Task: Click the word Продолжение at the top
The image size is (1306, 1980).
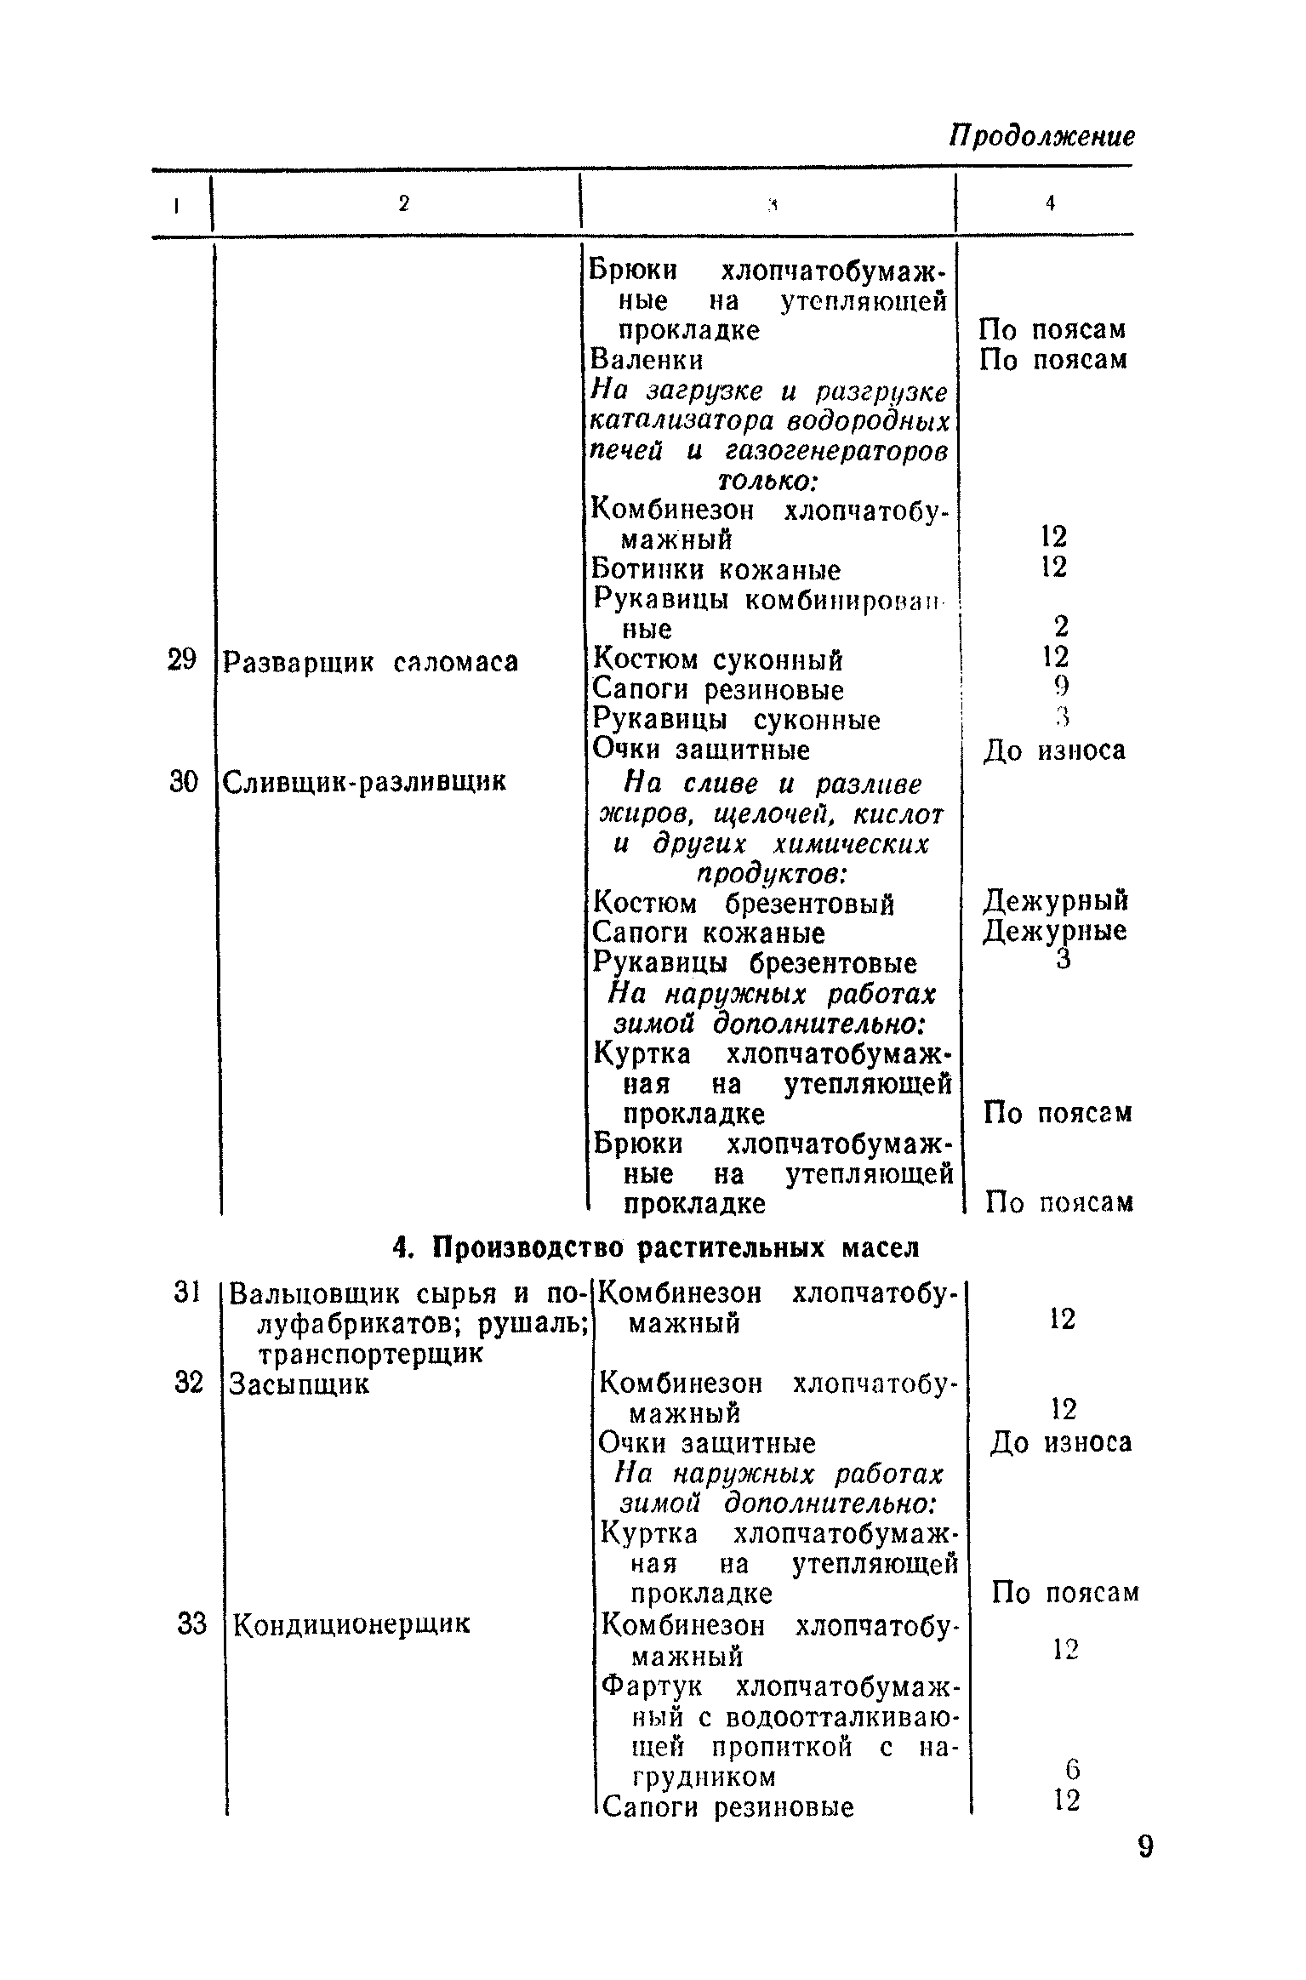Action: coord(1041,136)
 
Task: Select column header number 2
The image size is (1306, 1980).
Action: coord(404,203)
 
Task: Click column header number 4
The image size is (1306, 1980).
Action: coord(1051,203)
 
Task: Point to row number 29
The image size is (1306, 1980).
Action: coord(181,659)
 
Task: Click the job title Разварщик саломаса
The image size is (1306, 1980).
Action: coord(370,661)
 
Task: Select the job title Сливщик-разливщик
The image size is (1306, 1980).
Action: coord(364,781)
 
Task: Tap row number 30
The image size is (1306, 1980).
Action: coord(183,781)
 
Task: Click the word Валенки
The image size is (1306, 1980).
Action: coord(647,360)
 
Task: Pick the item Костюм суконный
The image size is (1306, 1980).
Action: coord(718,659)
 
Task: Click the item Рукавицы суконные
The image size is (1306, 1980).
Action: coord(737,720)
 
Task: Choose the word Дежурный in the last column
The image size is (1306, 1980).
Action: coord(1056,900)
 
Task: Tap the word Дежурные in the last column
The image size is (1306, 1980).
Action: coord(1055,931)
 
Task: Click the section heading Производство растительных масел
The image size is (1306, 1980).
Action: coord(657,1248)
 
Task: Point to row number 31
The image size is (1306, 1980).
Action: coord(185,1292)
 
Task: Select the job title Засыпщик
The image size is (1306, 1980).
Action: coord(299,1384)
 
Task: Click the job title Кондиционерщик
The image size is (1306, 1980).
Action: coord(351,1624)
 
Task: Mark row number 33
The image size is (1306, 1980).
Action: coord(192,1624)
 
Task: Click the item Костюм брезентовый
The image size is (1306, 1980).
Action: coord(744,902)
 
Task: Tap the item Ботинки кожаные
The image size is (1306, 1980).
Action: coord(716,569)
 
